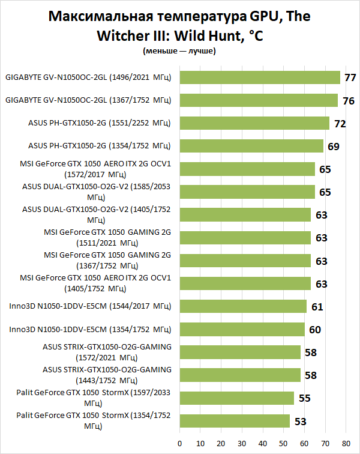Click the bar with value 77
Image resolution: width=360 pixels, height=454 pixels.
(260, 77)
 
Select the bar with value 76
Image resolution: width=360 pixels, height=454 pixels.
(259, 100)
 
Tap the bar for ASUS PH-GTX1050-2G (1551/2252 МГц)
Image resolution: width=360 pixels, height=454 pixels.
(254, 123)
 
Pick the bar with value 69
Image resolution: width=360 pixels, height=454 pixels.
(251, 146)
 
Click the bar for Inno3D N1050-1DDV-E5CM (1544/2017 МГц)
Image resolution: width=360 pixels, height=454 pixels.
(243, 306)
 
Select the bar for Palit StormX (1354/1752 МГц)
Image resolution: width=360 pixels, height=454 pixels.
(235, 420)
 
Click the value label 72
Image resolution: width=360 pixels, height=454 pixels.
(340, 124)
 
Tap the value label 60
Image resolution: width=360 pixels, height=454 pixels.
(314, 330)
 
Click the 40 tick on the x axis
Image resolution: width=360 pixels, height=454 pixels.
(263, 443)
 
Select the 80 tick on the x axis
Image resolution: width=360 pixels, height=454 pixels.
(346, 443)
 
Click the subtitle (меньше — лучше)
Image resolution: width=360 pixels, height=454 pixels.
(179, 51)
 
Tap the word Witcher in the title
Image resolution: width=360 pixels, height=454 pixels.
(127, 36)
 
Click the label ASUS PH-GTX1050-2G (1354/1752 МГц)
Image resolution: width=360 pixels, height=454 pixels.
(100, 146)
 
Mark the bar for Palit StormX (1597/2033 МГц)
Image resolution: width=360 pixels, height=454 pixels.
(236, 398)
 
